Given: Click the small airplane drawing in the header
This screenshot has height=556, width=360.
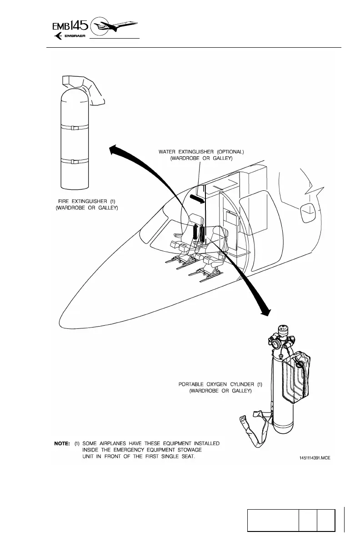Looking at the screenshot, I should point(116,26).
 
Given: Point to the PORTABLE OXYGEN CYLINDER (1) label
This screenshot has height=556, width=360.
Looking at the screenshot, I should point(220,384).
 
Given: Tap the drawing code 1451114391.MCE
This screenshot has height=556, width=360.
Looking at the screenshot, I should point(315,458).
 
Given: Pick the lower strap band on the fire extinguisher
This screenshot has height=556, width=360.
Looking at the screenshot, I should point(75,161).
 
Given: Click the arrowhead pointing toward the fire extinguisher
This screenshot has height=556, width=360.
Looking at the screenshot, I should point(115,149).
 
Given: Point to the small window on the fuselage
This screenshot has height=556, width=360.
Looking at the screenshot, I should point(308,208).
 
